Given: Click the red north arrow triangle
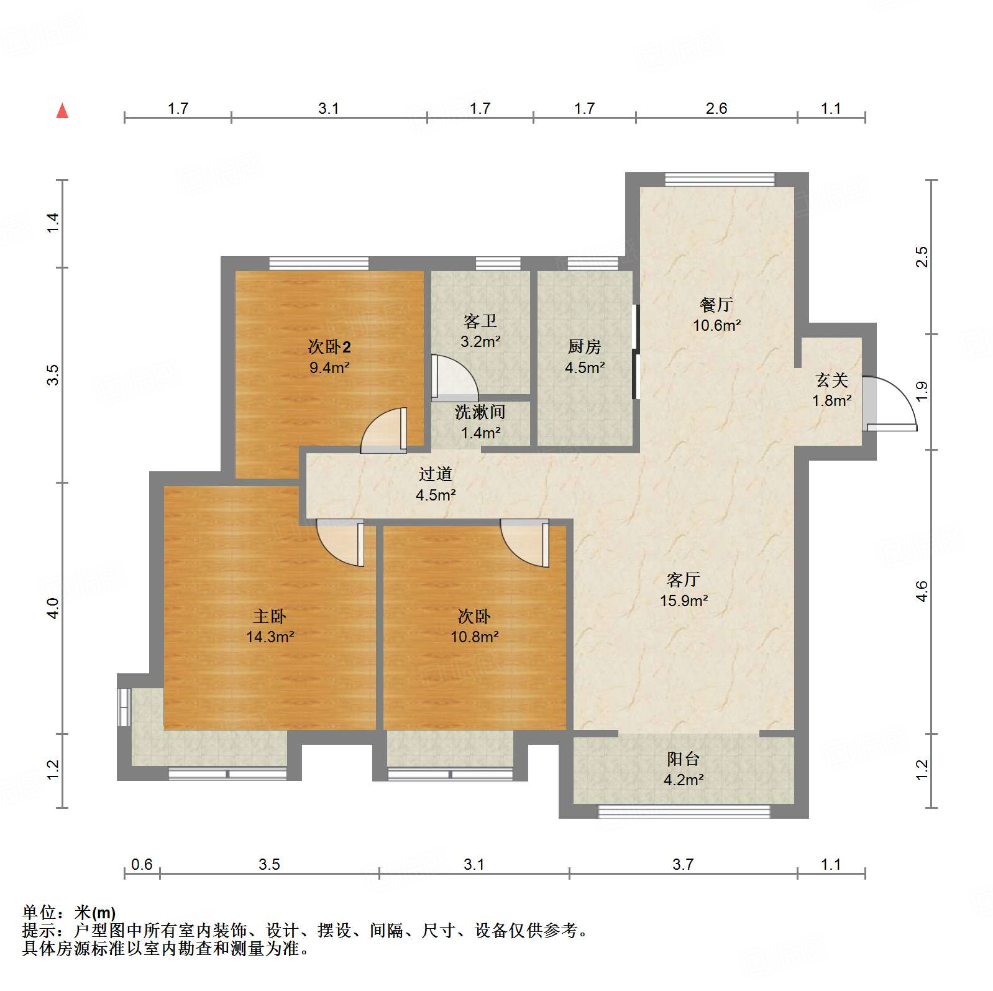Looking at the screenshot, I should [x=62, y=111].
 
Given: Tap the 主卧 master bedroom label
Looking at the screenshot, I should [x=269, y=616].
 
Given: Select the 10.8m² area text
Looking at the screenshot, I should [x=475, y=637].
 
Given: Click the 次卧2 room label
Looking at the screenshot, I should [x=329, y=347].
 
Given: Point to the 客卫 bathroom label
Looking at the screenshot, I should [x=480, y=321].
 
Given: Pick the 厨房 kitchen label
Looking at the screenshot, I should [x=584, y=346].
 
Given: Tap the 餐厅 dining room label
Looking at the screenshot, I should [x=716, y=305].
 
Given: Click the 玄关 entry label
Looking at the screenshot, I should [x=831, y=380].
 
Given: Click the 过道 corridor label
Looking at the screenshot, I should [x=435, y=474].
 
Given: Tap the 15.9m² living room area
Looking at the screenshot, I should [x=684, y=601].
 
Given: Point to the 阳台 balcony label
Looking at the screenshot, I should [x=683, y=758].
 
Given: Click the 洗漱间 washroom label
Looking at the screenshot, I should [x=480, y=412].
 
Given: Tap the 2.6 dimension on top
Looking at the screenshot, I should [x=716, y=109].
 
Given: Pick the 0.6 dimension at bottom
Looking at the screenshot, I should [x=142, y=864].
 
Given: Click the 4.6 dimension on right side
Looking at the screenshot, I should [x=922, y=591].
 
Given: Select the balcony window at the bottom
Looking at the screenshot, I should [x=684, y=811].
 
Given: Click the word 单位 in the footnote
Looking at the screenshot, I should [x=39, y=913].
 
